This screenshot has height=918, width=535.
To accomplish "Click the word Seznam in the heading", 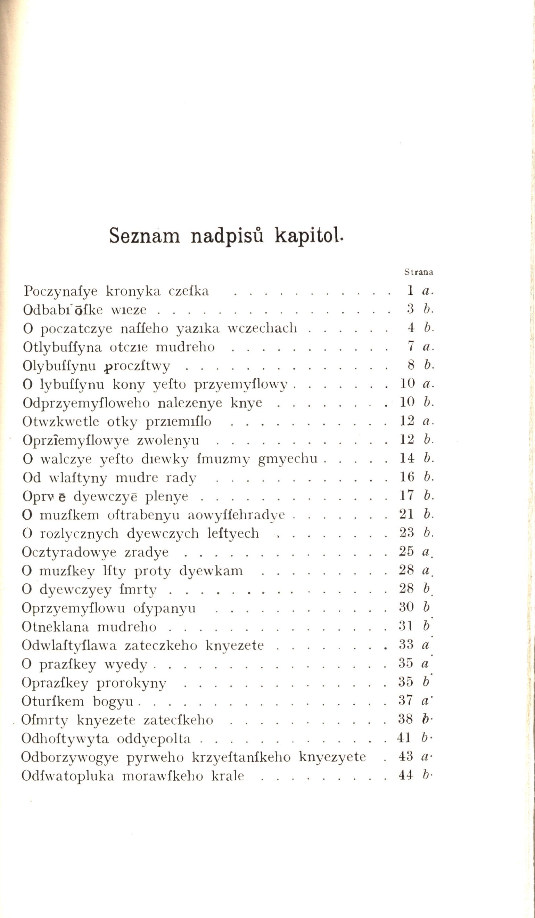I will tap(145, 236).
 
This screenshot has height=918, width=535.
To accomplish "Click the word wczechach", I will tap(262, 328).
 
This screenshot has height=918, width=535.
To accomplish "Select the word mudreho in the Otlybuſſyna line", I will tap(185, 347).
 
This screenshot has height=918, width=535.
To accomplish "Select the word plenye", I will tap(166, 496).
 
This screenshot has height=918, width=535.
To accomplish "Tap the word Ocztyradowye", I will tap(69, 552).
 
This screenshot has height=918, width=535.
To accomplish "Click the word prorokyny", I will tap(131, 683).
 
